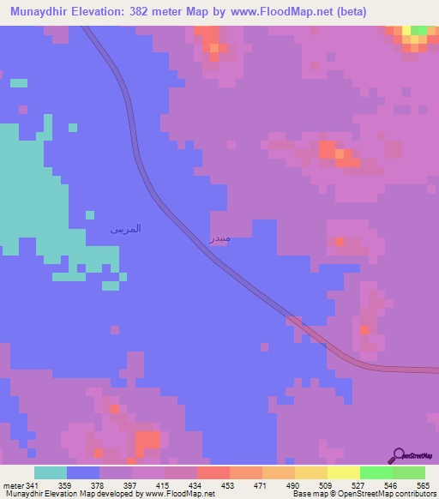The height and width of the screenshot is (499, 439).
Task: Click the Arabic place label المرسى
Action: click(x=126, y=229)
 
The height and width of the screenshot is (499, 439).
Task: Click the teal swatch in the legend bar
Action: click(x=51, y=472)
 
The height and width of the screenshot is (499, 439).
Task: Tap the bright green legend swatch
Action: click(x=376, y=472)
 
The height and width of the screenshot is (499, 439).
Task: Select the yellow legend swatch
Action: click(x=343, y=472)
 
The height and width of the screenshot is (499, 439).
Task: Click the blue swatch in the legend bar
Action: click(x=83, y=472)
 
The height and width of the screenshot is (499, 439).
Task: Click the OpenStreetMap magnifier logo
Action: click(x=399, y=455)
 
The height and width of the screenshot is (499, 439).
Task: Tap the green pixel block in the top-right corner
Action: click(x=418, y=31)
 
